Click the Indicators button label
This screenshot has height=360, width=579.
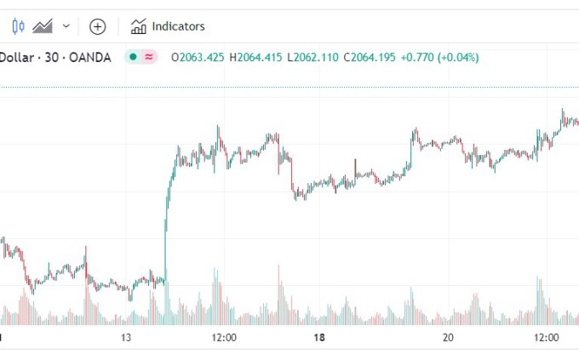pyautogui.click(x=178, y=26)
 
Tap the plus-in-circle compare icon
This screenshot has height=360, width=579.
pyautogui.click(x=98, y=26)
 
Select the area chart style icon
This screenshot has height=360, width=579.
pyautogui.click(x=43, y=26)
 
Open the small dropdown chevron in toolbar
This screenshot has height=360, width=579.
pyautogui.click(x=66, y=26)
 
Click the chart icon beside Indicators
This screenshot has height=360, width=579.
pyautogui.click(x=138, y=26)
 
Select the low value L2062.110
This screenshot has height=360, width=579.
pyautogui.click(x=312, y=58)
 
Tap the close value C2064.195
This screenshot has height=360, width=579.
pyautogui.click(x=371, y=58)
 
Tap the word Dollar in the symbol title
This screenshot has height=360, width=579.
pyautogui.click(x=14, y=58)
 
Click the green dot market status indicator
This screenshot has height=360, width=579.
pyautogui.click(x=133, y=58)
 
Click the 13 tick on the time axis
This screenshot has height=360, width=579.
pyautogui.click(x=127, y=338)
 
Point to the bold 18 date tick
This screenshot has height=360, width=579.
pyautogui.click(x=319, y=338)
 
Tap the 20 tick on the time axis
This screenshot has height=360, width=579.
pyautogui.click(x=448, y=338)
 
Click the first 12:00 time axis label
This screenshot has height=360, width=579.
pyautogui.click(x=223, y=338)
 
